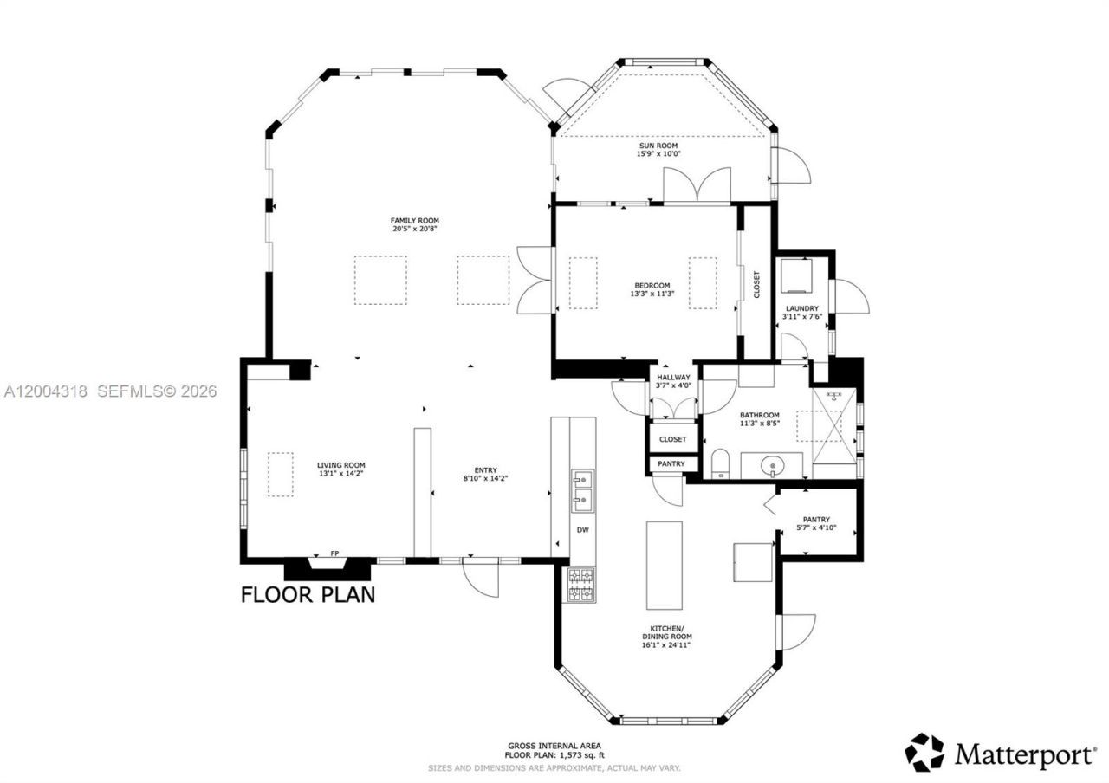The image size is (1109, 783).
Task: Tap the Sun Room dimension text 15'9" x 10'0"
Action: (658, 154)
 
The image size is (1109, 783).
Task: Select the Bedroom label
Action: (652, 286)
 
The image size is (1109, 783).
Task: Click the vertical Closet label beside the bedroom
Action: (756, 285)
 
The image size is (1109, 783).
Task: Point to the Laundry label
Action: (801, 308)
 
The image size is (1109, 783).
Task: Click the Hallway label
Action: (673, 378)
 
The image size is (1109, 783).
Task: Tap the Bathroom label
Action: (759, 415)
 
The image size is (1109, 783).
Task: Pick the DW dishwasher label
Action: (583, 530)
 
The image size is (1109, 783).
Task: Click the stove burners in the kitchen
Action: (581, 584)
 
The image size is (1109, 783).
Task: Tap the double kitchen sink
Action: (582, 489)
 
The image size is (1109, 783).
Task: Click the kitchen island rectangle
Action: (664, 566)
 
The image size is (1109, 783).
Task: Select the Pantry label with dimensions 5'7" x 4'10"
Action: (816, 523)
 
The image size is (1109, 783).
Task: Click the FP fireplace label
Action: (334, 553)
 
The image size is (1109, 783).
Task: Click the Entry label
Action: (485, 470)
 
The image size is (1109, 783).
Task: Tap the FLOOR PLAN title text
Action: (308, 595)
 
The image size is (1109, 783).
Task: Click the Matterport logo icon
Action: (924, 753)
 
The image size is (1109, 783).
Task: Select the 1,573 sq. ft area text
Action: (554, 756)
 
